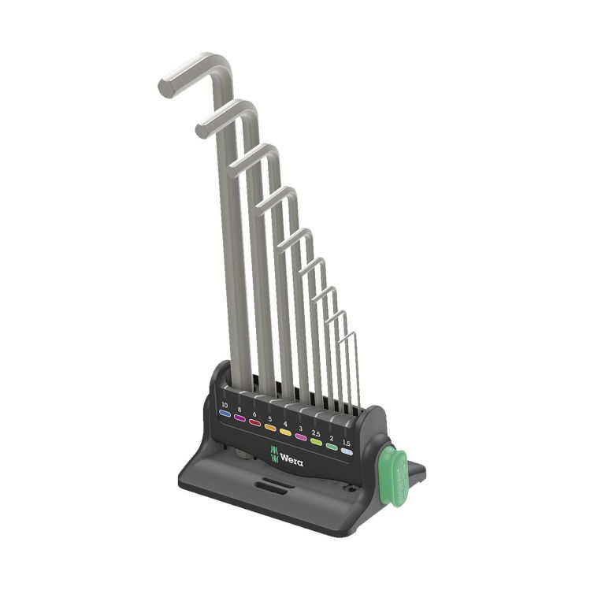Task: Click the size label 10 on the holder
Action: click(x=225, y=405)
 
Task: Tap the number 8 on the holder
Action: click(x=239, y=410)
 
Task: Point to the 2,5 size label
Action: click(x=316, y=433)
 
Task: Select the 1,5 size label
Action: click(x=347, y=443)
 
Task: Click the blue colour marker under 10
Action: click(x=225, y=414)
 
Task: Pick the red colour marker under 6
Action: click(x=255, y=423)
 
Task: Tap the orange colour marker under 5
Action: click(x=270, y=428)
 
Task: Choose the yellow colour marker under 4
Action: click(x=285, y=433)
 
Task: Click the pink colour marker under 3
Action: click(x=301, y=437)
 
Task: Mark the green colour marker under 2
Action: click(x=332, y=447)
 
